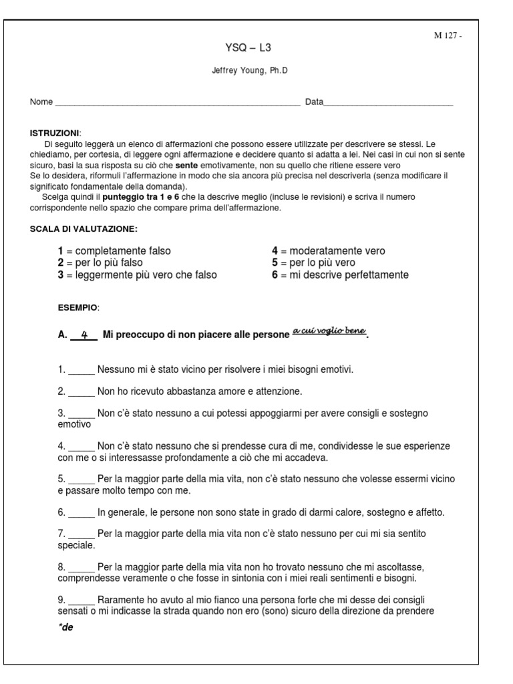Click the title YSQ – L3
248,48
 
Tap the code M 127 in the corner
447,36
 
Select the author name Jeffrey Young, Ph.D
249,70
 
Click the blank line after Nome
177,104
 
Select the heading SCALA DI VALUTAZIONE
83,229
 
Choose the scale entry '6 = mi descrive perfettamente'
340,275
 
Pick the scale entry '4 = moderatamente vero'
328,251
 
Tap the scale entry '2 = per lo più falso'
100,263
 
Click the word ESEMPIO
78,307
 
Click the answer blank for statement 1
81,369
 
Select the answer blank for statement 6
81,513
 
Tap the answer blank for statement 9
81,599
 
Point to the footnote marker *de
65,628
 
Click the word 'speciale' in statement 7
75,545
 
